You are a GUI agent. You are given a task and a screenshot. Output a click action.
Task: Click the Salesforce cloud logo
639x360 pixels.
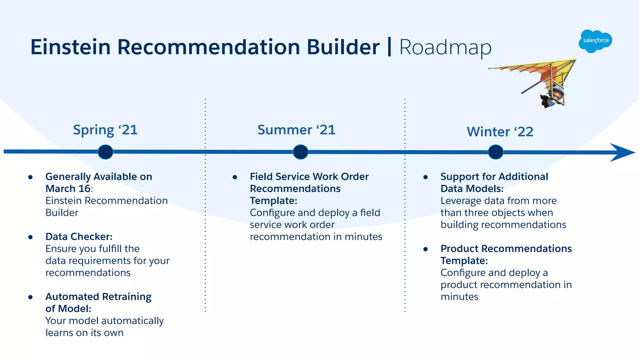(595, 41)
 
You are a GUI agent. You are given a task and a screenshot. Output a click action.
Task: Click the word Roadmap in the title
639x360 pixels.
(445, 48)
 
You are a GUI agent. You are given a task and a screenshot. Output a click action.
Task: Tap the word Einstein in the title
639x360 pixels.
(71, 47)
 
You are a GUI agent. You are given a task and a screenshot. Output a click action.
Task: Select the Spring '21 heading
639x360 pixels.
(105, 130)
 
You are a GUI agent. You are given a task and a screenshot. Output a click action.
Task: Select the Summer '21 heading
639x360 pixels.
(296, 130)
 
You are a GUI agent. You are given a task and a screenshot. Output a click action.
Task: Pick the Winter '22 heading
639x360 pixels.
(500, 132)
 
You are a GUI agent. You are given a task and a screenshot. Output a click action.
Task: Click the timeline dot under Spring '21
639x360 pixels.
(105, 152)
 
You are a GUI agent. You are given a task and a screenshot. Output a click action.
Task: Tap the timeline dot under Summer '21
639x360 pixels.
(300, 152)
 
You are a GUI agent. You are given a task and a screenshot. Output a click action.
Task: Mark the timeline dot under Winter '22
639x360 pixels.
(495, 152)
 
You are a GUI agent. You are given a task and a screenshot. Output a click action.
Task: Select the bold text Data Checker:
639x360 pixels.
(79, 237)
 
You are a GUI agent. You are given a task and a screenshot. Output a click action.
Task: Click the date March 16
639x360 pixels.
(68, 189)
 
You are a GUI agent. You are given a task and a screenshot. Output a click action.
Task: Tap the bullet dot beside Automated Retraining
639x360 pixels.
(30, 297)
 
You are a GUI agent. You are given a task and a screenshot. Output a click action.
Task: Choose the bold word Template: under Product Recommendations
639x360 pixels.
(464, 261)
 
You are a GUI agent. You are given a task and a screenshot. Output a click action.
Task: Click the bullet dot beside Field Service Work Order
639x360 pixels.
(235, 177)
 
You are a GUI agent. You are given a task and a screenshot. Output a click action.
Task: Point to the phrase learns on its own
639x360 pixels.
(84, 333)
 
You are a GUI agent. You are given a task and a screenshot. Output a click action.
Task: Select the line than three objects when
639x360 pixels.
(497, 213)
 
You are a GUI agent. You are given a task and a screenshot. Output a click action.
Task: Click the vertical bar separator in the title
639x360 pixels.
(389, 47)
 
